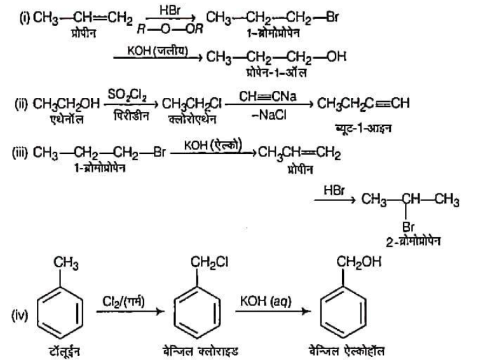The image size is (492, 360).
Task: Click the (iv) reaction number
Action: pos(21,314)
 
